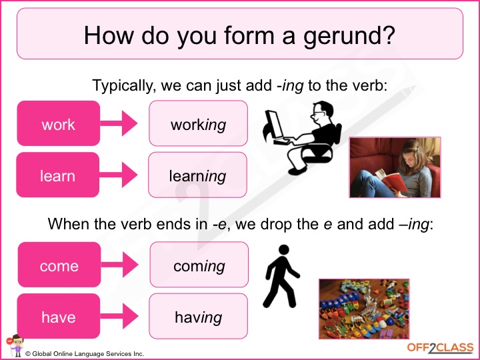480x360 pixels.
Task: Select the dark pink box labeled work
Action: coord(59,123)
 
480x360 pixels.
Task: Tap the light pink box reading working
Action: coord(199,123)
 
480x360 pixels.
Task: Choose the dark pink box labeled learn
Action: coord(58,175)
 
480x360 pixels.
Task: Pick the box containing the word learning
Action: coord(198,175)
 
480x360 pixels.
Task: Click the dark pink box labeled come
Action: coord(59,265)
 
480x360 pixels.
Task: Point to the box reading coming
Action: coord(199,265)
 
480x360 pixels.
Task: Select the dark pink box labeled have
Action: coord(59,316)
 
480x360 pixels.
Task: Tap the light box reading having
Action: coord(199,316)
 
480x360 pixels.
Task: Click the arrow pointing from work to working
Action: coord(119,123)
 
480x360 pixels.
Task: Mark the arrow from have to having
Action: coord(119,316)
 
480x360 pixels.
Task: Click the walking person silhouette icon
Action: coord(281,276)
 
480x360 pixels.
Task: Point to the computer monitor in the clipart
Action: coord(274,125)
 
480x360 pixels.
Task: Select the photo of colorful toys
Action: coord(364,309)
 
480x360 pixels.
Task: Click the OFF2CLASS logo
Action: coord(440,348)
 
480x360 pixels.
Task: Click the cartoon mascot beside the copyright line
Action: coord(15,346)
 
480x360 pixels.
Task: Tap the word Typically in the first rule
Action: coord(123,86)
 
